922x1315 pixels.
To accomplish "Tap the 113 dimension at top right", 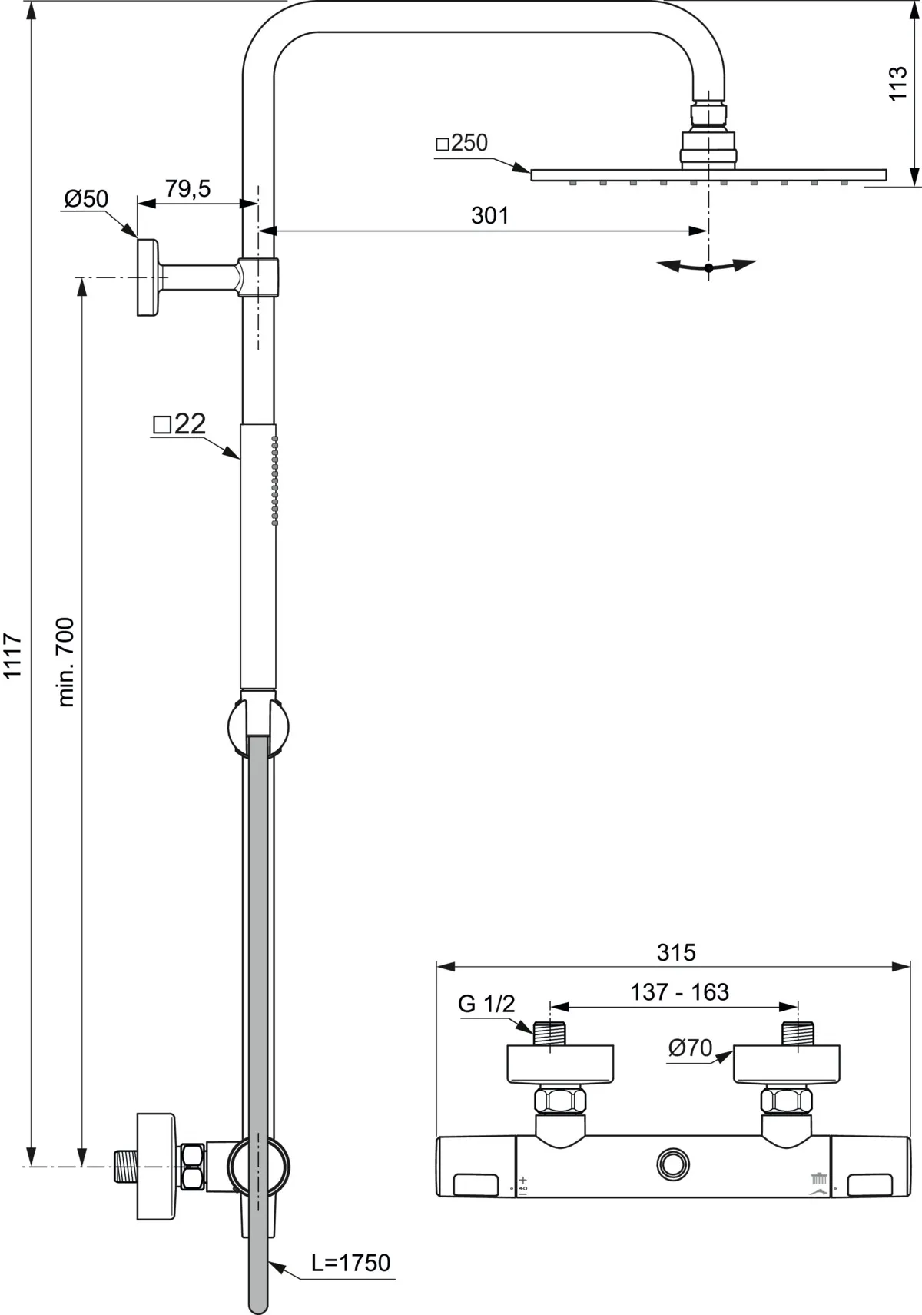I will coord(897,85).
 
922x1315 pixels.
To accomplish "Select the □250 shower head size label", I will coord(462,144).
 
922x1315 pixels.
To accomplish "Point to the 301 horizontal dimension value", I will coord(490,215).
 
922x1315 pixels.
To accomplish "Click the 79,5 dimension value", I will coord(187,188).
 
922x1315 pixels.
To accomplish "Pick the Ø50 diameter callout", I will coord(85,199).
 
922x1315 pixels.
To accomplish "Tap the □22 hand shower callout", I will coord(180,423).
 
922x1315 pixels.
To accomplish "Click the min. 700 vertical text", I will coord(66,662).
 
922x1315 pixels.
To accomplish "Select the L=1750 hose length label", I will coord(350,1263).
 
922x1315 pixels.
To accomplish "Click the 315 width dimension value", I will coord(676,952).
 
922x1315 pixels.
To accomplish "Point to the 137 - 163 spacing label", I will coord(679,992).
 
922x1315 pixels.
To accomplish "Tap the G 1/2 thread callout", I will coord(486,1004).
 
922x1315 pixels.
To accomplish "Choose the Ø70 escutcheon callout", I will coord(689,1048).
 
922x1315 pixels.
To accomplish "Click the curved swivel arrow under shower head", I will coord(708,267).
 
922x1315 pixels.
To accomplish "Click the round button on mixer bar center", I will coord(673,1163).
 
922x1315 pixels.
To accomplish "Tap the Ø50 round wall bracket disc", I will coord(147,277).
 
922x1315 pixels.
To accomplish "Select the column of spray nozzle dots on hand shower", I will coord(274,480).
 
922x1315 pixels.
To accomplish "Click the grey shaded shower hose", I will coord(258,999).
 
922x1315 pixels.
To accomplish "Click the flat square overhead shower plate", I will coord(708,175).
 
